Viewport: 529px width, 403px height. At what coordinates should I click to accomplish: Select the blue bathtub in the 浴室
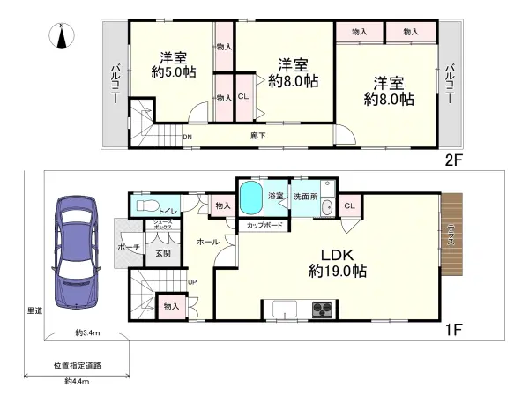coord(252,195)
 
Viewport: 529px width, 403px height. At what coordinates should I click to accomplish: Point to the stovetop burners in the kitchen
coord(321,309)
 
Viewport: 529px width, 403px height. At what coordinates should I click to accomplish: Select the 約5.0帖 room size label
coord(173,72)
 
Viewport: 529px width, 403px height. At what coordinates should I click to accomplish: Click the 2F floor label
coord(451,161)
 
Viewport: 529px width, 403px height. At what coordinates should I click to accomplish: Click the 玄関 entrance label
coord(163,253)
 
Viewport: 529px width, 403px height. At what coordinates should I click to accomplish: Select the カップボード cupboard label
coord(264,225)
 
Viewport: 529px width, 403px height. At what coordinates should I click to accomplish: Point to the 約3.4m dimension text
coord(86,332)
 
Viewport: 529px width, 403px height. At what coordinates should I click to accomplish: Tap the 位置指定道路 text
coord(77,364)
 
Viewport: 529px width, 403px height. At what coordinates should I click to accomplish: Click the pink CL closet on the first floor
coord(349,206)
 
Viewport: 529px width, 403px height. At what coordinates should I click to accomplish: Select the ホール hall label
coord(208,241)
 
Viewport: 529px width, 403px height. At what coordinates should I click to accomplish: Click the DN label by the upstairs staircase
coord(187,137)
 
